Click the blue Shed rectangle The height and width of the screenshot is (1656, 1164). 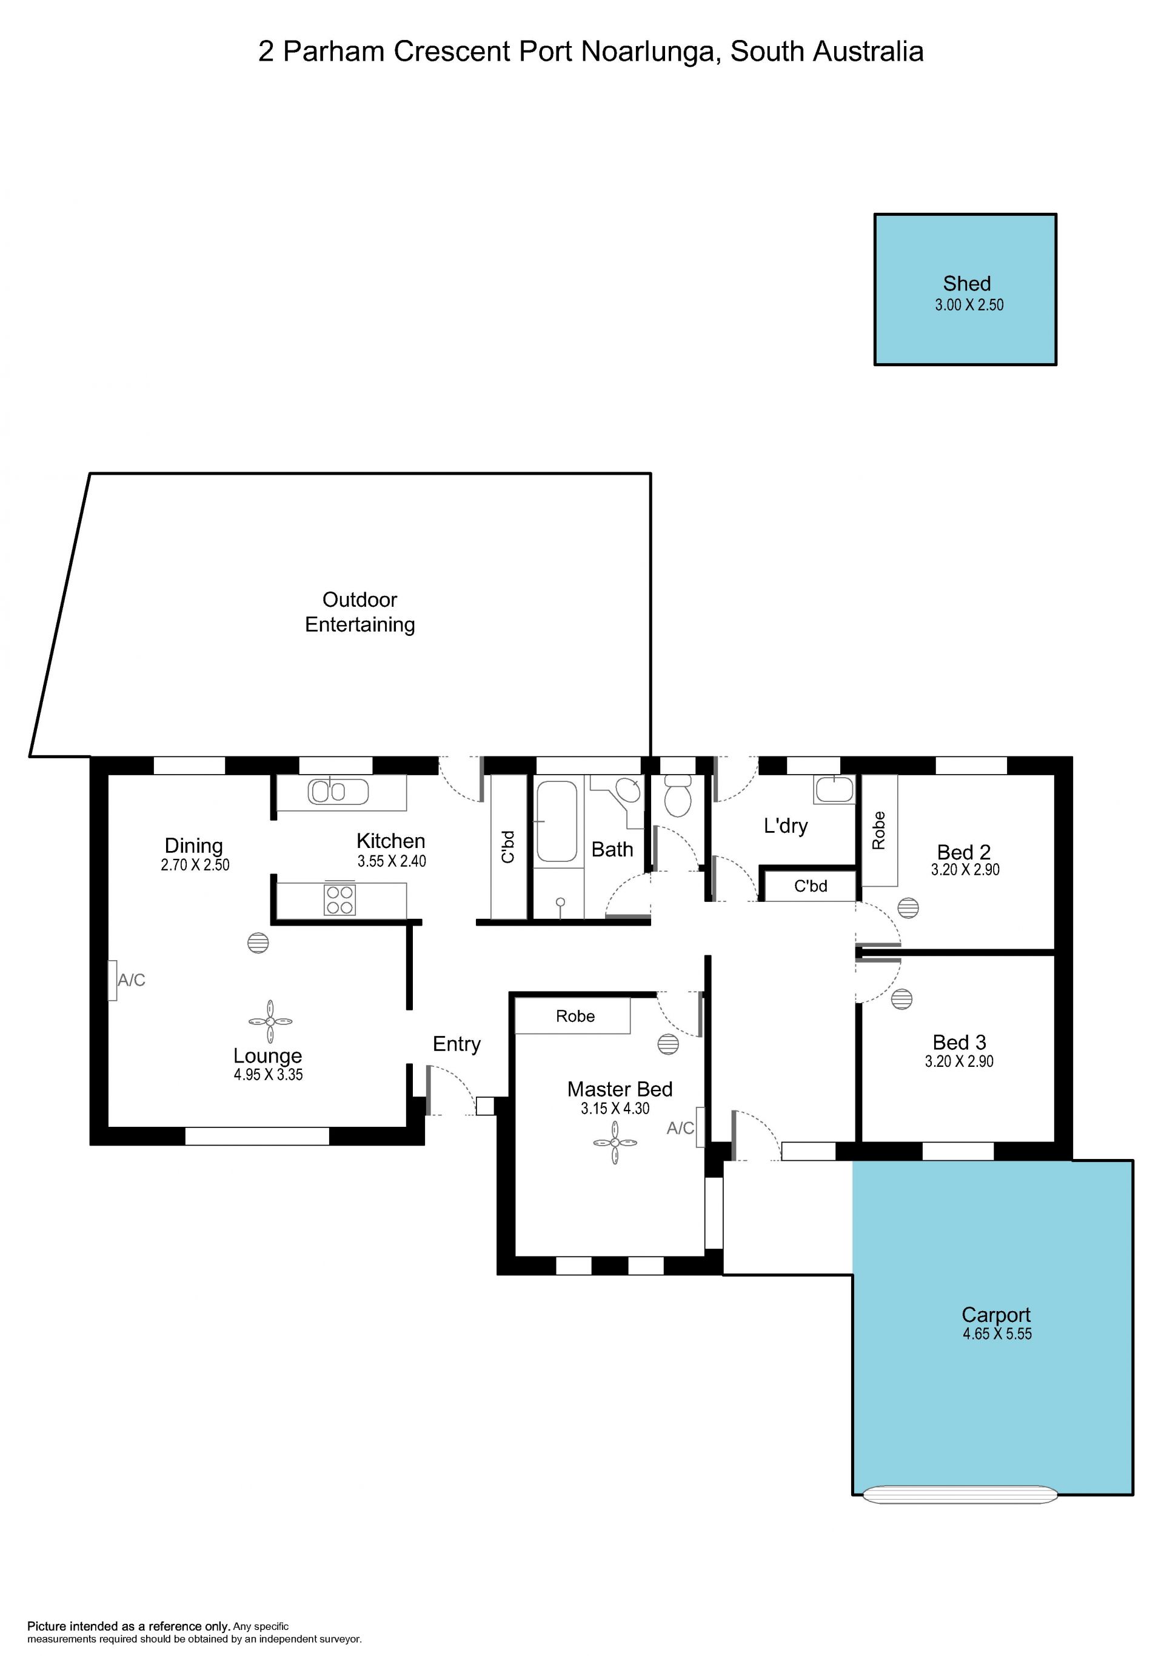(x=965, y=289)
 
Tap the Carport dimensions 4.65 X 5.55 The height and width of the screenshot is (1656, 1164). (x=997, y=1334)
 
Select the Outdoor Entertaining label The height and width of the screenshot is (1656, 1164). (x=360, y=612)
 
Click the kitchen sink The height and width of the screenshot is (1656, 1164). (x=338, y=791)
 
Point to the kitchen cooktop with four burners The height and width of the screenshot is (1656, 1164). (x=339, y=900)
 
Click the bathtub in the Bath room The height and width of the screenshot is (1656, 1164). (x=557, y=821)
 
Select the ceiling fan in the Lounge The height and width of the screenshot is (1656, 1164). (x=270, y=1021)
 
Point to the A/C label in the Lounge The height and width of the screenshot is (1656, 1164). (x=132, y=980)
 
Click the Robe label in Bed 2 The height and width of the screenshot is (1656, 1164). (x=878, y=830)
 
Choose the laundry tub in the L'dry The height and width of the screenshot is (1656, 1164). (x=834, y=789)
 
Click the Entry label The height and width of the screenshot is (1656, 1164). (x=457, y=1044)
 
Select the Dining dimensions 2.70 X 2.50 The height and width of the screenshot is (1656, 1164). (x=195, y=865)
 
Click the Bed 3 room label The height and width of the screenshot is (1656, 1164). (x=959, y=1042)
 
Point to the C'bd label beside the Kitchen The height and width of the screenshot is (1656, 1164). (x=509, y=847)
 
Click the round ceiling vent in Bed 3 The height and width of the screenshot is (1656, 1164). (x=902, y=999)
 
